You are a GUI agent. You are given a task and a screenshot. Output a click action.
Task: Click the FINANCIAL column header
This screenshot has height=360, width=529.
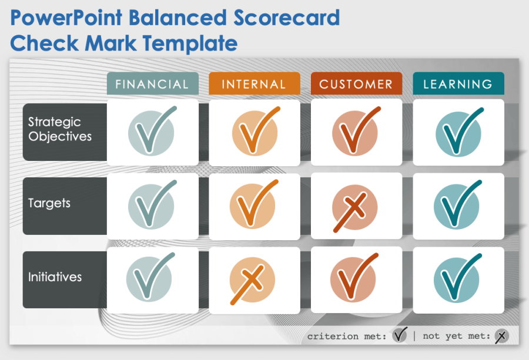pyautogui.click(x=152, y=84)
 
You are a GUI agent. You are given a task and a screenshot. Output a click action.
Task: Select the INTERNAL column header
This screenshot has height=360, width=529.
pyautogui.click(x=254, y=84)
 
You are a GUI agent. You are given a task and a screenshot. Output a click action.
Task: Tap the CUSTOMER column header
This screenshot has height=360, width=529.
pyautogui.click(x=356, y=84)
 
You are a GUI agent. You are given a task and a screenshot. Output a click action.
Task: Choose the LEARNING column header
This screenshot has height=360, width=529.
pyautogui.click(x=458, y=84)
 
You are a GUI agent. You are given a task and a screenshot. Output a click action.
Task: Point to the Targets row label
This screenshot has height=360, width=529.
pyautogui.click(x=49, y=203)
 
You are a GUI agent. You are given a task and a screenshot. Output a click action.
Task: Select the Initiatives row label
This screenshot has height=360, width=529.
pyautogui.click(x=55, y=277)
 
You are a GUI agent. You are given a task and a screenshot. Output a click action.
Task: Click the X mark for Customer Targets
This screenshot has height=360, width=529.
pyautogui.click(x=354, y=207)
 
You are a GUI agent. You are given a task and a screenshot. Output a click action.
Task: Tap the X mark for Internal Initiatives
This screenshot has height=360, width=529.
pyautogui.click(x=252, y=281)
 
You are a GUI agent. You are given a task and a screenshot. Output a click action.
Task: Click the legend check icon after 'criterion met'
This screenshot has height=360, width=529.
pyautogui.click(x=400, y=335)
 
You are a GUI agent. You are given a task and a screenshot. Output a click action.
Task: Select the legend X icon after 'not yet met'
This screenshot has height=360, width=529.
pyautogui.click(x=501, y=336)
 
